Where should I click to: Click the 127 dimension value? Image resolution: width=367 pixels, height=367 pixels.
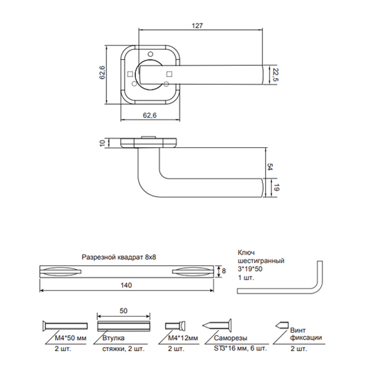[x=197, y=26]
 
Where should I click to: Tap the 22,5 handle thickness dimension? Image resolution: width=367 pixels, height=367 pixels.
[x=276, y=75]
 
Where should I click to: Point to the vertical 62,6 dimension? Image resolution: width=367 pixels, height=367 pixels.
[x=103, y=73]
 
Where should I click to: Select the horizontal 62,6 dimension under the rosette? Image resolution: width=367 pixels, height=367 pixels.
[x=150, y=116]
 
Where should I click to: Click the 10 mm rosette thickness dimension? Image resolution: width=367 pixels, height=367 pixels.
[x=103, y=143]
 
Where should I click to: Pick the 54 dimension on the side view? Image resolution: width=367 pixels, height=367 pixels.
[x=270, y=167]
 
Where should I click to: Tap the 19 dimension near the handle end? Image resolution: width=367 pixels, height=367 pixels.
[x=276, y=188]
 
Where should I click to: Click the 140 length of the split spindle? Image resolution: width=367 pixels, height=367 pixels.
[x=127, y=285]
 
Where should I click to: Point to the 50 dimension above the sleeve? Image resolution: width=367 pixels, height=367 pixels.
[x=124, y=311]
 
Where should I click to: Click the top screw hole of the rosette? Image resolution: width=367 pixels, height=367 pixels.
[x=150, y=54]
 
